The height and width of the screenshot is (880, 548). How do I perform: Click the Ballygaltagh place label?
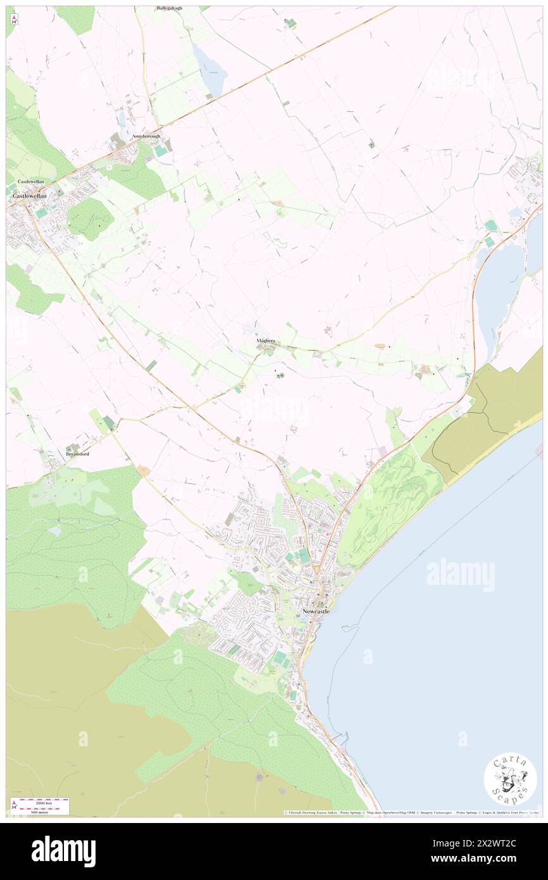click(x=170, y=8)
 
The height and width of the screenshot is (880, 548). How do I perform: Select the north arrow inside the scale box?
click(x=13, y=805)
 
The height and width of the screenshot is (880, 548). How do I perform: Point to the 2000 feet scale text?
click(x=44, y=802)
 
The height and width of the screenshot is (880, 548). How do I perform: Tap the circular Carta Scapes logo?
click(x=510, y=779)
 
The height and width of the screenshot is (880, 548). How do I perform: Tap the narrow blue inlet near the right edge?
click(x=500, y=291)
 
